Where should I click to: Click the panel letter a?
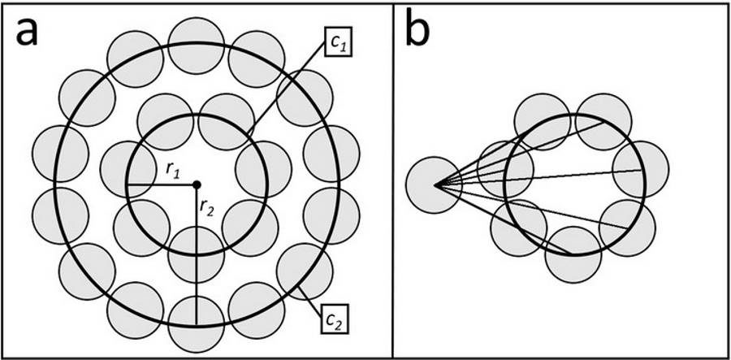[x=27, y=33]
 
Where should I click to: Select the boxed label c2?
[x=335, y=320]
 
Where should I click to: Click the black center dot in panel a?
[x=197, y=185]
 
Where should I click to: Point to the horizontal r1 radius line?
[x=162, y=185]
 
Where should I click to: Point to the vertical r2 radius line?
[x=197, y=254]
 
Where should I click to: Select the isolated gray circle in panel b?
[x=434, y=185]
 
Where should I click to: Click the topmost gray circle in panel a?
[x=197, y=46]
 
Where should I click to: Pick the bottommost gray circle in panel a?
[x=197, y=325]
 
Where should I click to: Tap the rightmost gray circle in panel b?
[x=641, y=169]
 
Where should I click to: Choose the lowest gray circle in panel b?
[x=573, y=254]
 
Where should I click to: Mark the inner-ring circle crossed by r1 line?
[x=128, y=169]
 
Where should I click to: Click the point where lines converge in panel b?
[x=435, y=185]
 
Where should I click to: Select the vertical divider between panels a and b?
[x=393, y=180]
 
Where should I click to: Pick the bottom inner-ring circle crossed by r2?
[x=197, y=254]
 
